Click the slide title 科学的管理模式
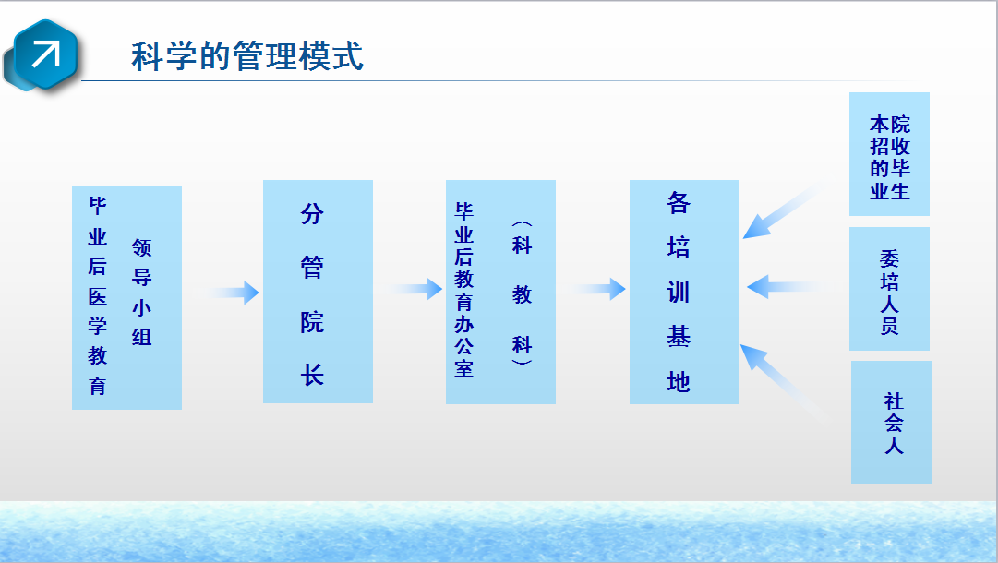point(246,56)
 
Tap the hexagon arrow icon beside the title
point(43,56)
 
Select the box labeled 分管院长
point(318,292)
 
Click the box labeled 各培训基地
point(684,292)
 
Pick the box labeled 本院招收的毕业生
point(889,154)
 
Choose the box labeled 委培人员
point(889,289)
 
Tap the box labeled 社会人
point(891,423)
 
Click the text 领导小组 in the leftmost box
point(141,292)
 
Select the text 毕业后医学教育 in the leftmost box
point(97,296)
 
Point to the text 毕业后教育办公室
point(464,290)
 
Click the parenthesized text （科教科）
point(522,293)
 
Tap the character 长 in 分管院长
point(312,375)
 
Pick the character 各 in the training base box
point(679,203)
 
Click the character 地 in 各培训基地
point(679,382)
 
